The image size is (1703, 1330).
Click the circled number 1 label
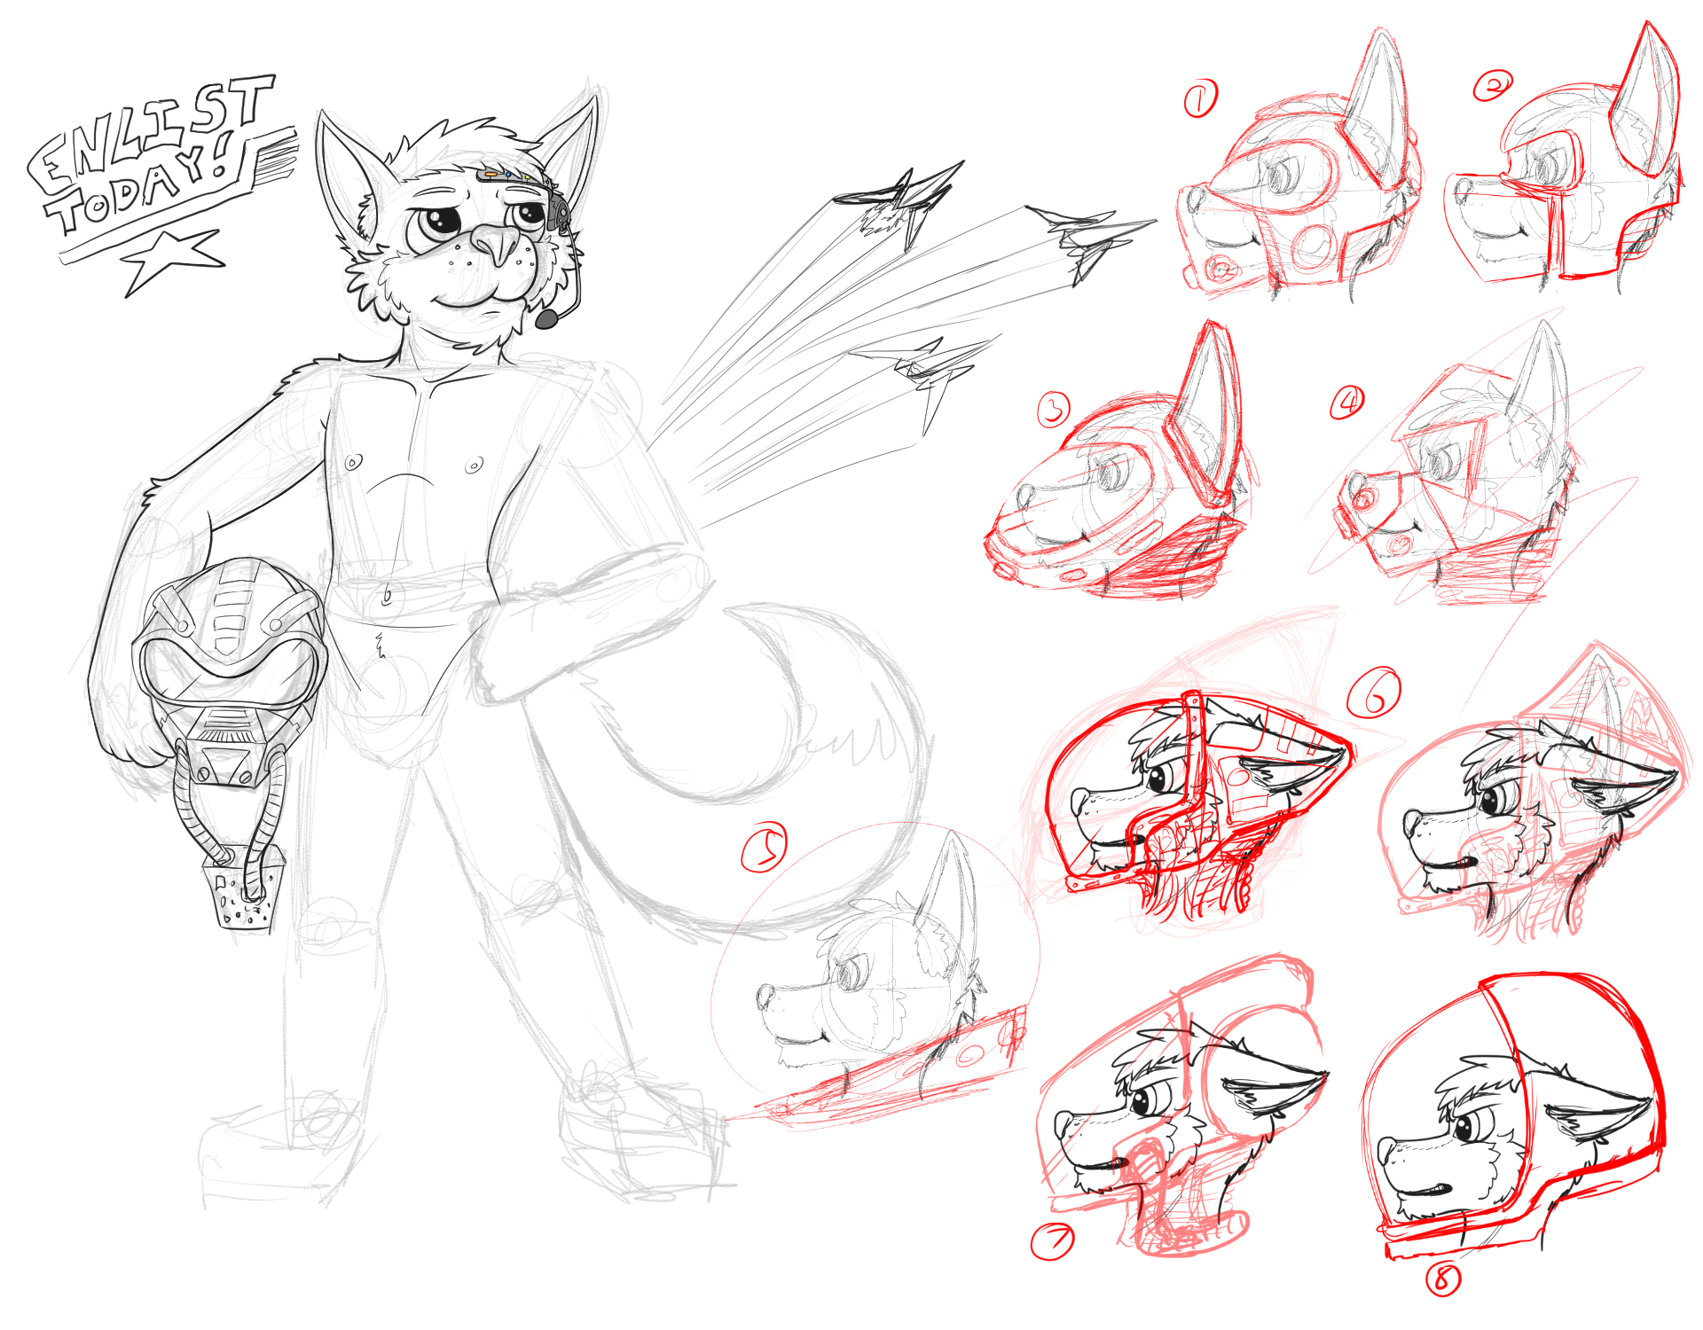click(1201, 98)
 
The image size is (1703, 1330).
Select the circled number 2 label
click(1493, 86)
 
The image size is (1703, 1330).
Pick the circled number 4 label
click(1347, 403)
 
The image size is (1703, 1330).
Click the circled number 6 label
click(1374, 692)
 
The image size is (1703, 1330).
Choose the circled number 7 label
click(1052, 1241)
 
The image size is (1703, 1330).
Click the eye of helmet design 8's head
click(1464, 1128)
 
